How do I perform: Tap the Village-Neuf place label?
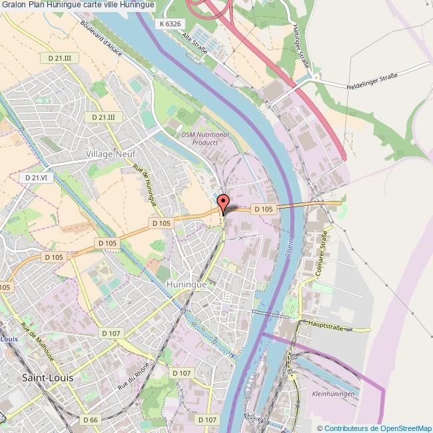point(111,153)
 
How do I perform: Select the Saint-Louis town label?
point(48,377)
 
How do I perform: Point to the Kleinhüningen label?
point(333,394)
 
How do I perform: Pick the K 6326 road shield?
point(171,23)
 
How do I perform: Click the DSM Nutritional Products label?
point(205,138)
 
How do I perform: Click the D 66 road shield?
point(91,420)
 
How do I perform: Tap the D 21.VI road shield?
point(37,178)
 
